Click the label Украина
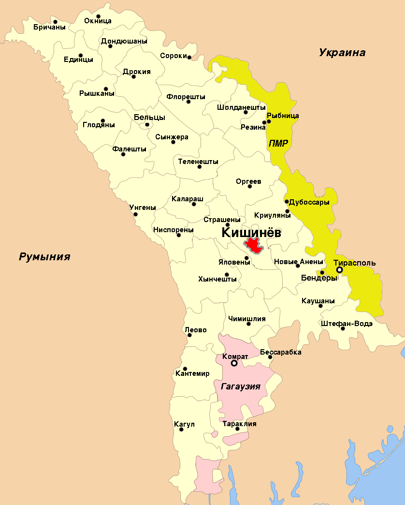pos(342,53)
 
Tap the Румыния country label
pos(44,256)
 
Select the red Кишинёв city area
pos(253,245)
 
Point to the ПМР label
pos(278,143)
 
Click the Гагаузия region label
pos(241,386)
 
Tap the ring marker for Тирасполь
pos(340,270)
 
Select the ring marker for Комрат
pos(234,363)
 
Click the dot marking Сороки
pos(189,58)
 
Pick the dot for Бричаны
pos(55,21)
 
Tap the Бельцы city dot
pos(147,125)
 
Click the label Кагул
pos(184,424)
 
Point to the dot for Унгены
pos(135,214)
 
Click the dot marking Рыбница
pos(269,121)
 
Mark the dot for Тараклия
pos(237,429)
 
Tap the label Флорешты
pos(186,96)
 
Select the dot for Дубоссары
pos(287,202)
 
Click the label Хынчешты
pos(217,279)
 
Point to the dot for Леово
pos(189,335)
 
